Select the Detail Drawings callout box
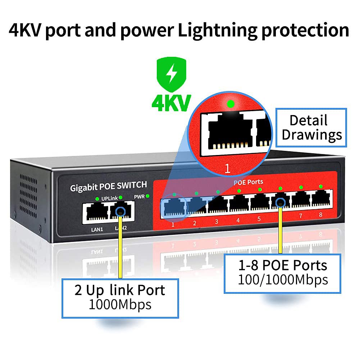click(x=311, y=128)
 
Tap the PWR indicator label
click(x=139, y=197)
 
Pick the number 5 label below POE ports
click(x=259, y=218)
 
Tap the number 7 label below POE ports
click(x=301, y=216)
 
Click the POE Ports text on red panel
click(x=248, y=182)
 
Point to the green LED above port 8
click(x=321, y=186)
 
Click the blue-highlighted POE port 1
click(x=174, y=208)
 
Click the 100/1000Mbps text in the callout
click(x=283, y=279)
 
